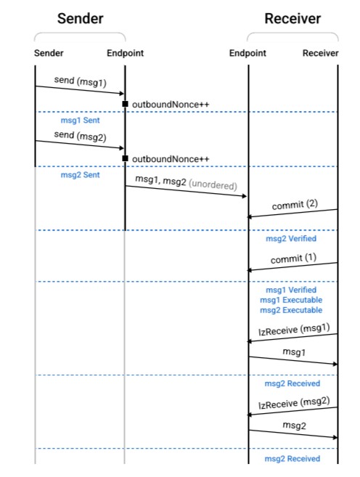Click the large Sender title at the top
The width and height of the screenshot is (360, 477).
point(81,19)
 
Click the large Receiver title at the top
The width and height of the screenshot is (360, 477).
point(292,19)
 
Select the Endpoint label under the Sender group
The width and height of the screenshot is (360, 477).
point(125,53)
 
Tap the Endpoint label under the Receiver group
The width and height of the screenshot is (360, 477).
point(247,53)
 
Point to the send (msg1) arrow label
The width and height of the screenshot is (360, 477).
point(81,81)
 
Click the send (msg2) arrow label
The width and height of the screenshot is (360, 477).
point(81,136)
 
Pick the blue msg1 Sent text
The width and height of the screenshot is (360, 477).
point(81,121)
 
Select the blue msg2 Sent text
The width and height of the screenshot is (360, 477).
point(81,175)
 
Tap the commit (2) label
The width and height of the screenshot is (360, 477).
point(295,205)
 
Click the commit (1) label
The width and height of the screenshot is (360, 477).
point(294,258)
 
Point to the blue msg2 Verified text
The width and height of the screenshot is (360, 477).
point(291,238)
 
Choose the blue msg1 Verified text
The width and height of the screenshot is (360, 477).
point(291,290)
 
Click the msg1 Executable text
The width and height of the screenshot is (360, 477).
point(291,300)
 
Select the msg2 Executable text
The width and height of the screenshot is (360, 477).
point(291,310)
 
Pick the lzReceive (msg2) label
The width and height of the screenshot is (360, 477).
point(294,403)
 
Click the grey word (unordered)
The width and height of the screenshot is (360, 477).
point(213,184)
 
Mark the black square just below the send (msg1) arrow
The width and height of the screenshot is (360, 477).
point(125,104)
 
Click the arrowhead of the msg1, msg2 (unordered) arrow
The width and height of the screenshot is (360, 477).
point(244,196)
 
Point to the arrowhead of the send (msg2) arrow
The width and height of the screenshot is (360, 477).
point(122,148)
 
